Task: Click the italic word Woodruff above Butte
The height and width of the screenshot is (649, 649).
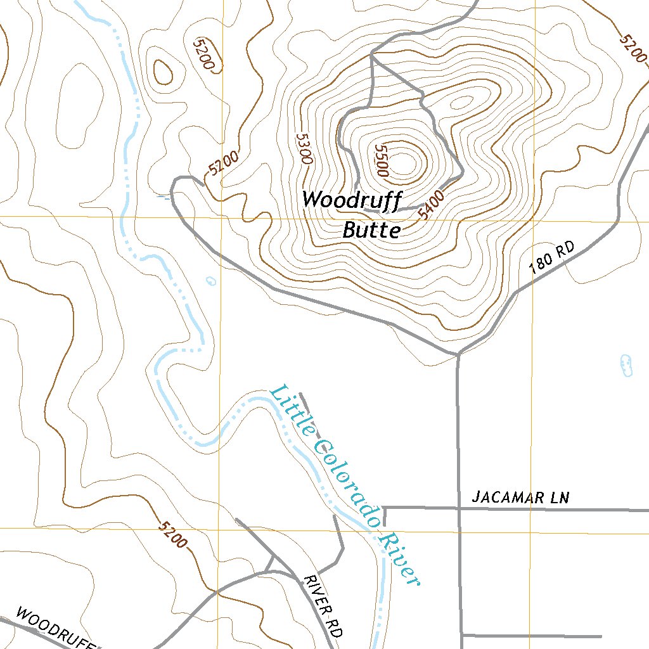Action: pyautogui.click(x=352, y=200)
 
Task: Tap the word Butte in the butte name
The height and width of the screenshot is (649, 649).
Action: pyautogui.click(x=371, y=230)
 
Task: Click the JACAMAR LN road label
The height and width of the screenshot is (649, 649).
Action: pyautogui.click(x=520, y=498)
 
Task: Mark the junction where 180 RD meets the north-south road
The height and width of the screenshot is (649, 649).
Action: pyautogui.click(x=458, y=354)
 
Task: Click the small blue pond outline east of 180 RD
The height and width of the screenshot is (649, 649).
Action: pyautogui.click(x=626, y=365)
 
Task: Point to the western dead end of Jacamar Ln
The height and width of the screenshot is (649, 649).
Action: pyautogui.click(x=384, y=508)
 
